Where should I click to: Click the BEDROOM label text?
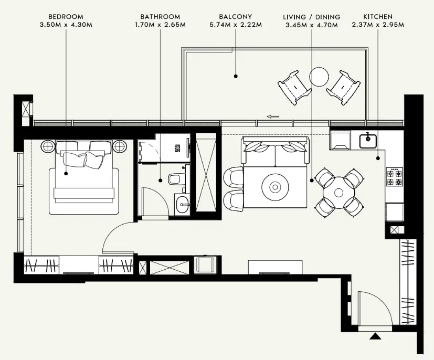pyautogui.click(x=66, y=17)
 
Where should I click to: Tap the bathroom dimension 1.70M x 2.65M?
pyautogui.click(x=160, y=25)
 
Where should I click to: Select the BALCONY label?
pyautogui.click(x=236, y=17)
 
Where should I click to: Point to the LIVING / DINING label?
pyautogui.click(x=312, y=17)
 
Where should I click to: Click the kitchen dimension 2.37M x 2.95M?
pyautogui.click(x=378, y=25)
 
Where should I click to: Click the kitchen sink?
pyautogui.click(x=368, y=141)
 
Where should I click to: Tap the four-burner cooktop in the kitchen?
pyautogui.click(x=395, y=177)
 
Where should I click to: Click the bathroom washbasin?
pyautogui.click(x=182, y=205)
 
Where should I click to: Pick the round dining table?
pyautogui.click(x=339, y=192)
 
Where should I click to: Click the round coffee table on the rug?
pyautogui.click(x=275, y=187)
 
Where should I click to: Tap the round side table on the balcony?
pyautogui.click(x=319, y=77)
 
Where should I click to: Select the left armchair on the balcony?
pyautogui.click(x=294, y=88)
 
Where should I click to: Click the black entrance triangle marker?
pyautogui.click(x=375, y=336)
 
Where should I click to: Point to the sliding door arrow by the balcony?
pyautogui.click(x=273, y=117)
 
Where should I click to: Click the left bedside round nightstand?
pyautogui.click(x=49, y=145)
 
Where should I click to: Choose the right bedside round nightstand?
pyautogui.click(x=119, y=145)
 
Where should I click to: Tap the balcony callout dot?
pyautogui.click(x=236, y=76)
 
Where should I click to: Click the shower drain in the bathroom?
pyautogui.click(x=177, y=148)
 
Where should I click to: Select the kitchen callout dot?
pyautogui.click(x=378, y=158)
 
